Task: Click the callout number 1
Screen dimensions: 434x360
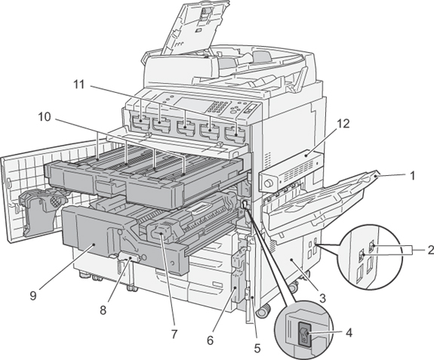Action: coord(412,176)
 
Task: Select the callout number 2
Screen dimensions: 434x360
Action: coord(430,250)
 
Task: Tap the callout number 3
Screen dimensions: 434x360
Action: coord(322,298)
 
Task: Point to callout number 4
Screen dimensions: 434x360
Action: coord(349,333)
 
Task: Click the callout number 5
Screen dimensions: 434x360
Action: coord(257,349)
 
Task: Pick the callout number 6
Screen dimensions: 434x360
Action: coord(210,340)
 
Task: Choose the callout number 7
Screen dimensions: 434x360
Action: coord(174,334)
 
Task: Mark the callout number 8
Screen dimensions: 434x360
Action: coord(103,310)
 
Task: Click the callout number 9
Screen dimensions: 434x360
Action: coord(33,296)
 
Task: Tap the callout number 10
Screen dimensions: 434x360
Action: coord(45,117)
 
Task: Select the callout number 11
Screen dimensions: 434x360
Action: coord(79,85)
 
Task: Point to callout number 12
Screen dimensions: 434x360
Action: coord(343,124)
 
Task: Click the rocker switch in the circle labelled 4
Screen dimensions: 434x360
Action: coord(303,334)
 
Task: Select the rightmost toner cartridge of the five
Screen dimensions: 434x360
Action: coord(235,134)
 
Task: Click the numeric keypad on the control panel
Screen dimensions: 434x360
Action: coord(219,108)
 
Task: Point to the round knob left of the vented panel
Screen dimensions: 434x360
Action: coord(268,183)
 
